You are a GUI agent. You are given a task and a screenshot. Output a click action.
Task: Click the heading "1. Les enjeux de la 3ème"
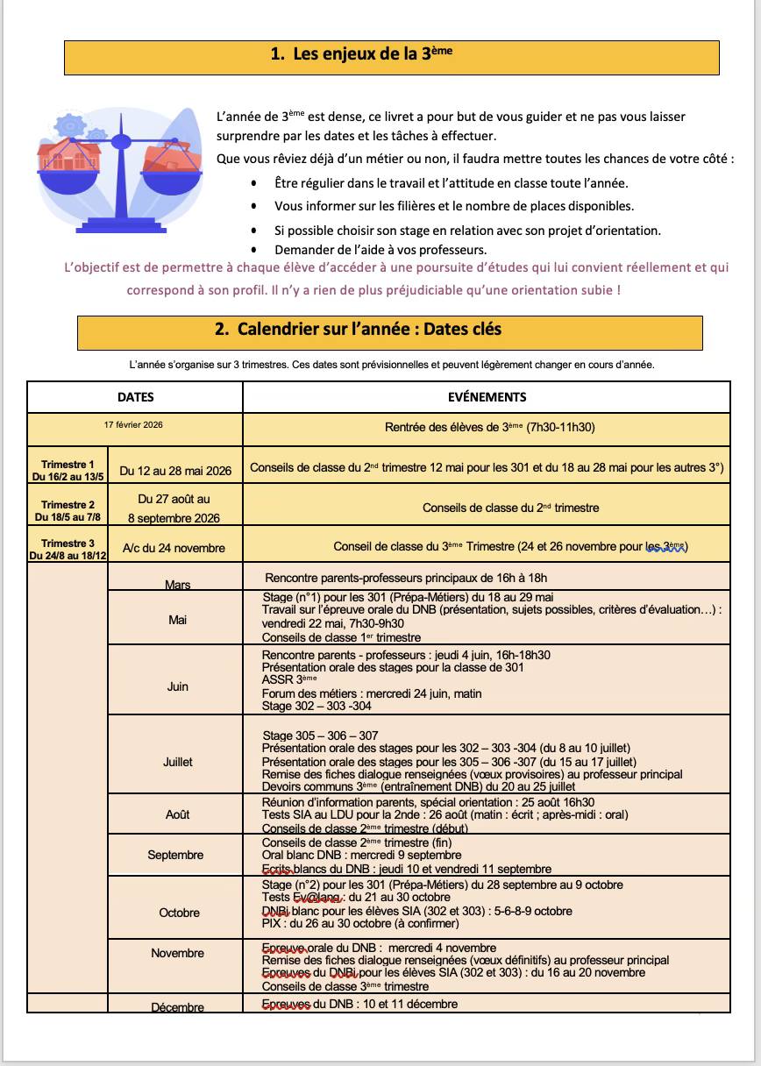click(361, 54)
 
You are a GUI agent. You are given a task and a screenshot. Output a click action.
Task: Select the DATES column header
click(136, 397)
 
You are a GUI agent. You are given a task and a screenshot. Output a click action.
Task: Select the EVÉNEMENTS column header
click(487, 397)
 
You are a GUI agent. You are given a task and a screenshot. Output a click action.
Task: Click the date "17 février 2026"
click(133, 425)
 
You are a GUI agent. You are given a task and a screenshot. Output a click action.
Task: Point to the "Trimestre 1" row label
click(68, 470)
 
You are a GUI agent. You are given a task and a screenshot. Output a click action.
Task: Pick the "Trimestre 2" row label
click(68, 510)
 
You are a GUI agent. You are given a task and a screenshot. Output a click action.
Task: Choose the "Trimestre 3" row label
click(68, 549)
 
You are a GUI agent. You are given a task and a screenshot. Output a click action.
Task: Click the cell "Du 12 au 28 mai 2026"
click(175, 471)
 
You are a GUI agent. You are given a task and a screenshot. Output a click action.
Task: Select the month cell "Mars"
click(177, 585)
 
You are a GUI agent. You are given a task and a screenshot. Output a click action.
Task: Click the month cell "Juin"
click(177, 686)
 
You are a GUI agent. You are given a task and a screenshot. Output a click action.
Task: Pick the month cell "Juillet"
click(177, 762)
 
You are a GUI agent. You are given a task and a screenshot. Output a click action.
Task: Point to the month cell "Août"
click(177, 814)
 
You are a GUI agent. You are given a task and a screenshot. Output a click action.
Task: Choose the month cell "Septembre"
click(176, 855)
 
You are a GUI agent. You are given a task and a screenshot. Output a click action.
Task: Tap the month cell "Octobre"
click(179, 913)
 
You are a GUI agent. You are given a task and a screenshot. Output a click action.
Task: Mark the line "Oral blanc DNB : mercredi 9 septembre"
click(361, 856)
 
